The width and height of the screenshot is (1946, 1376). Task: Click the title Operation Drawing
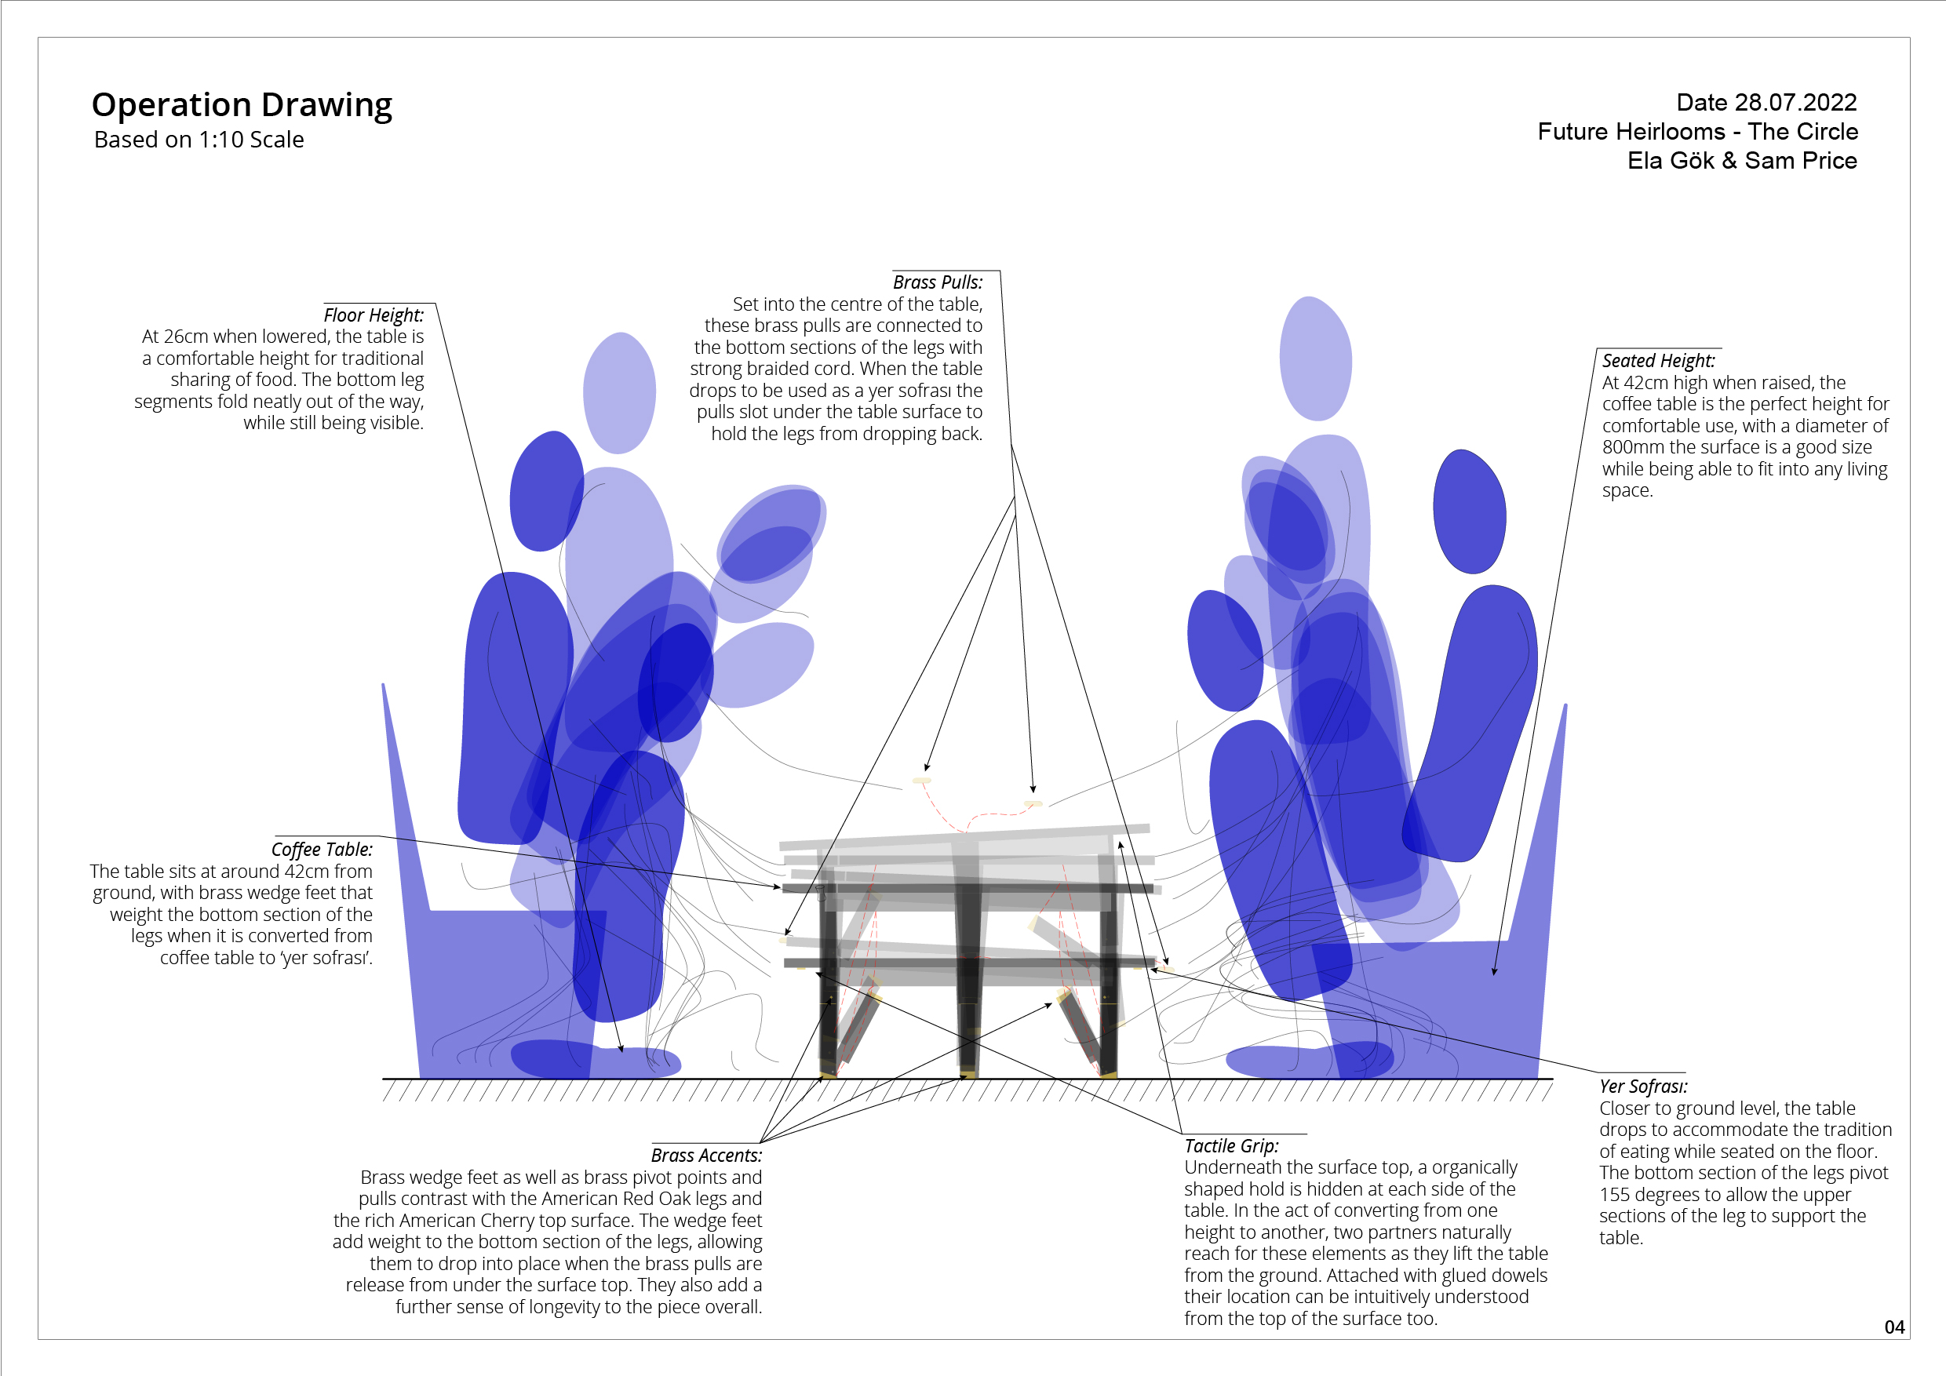click(242, 105)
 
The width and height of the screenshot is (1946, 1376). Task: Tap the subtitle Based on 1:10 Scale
click(199, 140)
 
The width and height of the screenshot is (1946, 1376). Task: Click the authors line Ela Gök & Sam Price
click(1742, 161)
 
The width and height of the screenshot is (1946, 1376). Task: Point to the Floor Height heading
click(373, 315)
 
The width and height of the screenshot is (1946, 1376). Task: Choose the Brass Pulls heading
click(938, 282)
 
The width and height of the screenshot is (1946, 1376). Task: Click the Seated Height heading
click(1658, 361)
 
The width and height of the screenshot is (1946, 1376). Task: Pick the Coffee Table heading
click(321, 850)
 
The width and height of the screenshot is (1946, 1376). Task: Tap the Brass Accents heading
click(706, 1156)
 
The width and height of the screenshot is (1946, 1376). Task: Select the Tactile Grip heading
click(1230, 1146)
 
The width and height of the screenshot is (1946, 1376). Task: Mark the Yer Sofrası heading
click(1642, 1087)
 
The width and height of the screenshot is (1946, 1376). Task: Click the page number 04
click(1894, 1327)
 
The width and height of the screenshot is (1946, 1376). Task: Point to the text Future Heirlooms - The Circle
click(1698, 132)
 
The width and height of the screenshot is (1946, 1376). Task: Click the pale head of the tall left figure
click(620, 393)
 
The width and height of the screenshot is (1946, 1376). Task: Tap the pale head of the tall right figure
click(1314, 359)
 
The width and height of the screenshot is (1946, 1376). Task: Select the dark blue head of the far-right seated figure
click(1469, 511)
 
